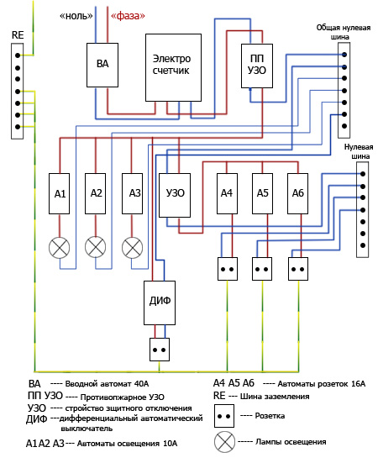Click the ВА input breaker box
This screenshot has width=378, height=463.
coord(102,65)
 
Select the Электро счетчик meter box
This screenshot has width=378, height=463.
coord(173,67)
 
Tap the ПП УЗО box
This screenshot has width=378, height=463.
coord(257,66)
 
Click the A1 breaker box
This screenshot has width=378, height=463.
coord(60,194)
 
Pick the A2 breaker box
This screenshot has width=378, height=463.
coord(95,194)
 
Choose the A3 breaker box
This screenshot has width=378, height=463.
coord(132,194)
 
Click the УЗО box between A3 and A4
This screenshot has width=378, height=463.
coord(175,195)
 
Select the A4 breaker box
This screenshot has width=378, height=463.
coord(227,194)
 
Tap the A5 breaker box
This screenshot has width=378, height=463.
coord(262,194)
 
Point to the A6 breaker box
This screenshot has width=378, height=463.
coord(297,194)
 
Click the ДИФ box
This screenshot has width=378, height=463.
coord(160,303)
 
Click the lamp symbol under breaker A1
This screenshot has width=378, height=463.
coord(60,247)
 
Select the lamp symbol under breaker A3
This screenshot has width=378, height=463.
coord(132,247)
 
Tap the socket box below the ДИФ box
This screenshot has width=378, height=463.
coord(160,350)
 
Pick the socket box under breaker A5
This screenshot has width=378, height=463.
coord(262,269)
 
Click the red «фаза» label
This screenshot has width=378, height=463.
coord(128,16)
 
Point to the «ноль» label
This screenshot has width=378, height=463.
coord(76,16)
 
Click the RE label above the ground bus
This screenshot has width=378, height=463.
coord(18,34)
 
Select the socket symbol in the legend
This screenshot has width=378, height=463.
coord(224,416)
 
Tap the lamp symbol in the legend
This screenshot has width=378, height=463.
coord(224,442)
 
